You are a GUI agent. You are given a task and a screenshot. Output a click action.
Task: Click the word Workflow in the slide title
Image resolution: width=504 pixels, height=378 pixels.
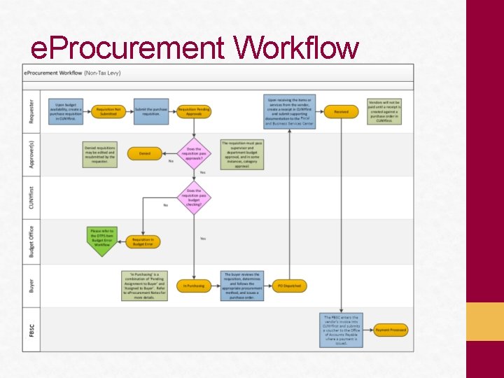(297, 49)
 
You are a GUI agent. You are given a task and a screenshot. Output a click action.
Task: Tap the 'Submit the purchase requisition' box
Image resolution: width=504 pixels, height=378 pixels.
(151, 111)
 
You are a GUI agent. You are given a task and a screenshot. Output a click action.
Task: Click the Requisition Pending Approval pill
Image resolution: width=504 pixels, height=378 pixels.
(194, 111)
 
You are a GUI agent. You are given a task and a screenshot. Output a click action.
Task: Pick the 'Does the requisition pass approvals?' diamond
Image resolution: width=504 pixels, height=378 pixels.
(194, 151)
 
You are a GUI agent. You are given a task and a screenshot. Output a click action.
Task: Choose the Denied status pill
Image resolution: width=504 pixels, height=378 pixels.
(144, 153)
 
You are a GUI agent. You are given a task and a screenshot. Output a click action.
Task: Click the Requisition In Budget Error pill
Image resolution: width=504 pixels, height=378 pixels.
(143, 241)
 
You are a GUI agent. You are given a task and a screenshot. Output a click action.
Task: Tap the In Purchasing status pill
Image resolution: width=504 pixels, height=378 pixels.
(194, 286)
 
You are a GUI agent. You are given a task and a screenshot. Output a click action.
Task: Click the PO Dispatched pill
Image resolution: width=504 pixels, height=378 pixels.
(289, 286)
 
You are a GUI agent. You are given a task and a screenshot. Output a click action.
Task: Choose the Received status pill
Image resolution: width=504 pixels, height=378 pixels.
(341, 111)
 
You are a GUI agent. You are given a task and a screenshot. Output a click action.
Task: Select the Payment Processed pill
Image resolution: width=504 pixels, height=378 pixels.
(390, 329)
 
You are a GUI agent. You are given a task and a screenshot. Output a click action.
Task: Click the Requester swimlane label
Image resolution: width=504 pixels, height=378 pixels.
(31, 111)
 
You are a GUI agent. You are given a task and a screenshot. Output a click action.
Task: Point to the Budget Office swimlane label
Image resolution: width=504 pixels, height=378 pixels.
(31, 241)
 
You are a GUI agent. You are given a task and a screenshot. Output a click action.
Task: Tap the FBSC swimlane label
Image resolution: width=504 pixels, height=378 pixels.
(31, 329)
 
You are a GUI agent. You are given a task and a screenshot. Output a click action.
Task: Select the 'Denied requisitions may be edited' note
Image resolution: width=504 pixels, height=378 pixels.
(99, 153)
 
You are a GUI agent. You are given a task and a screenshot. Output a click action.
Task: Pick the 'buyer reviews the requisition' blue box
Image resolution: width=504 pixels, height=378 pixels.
(241, 286)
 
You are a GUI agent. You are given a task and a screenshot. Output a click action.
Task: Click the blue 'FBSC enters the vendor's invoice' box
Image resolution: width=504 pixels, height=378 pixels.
(341, 329)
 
